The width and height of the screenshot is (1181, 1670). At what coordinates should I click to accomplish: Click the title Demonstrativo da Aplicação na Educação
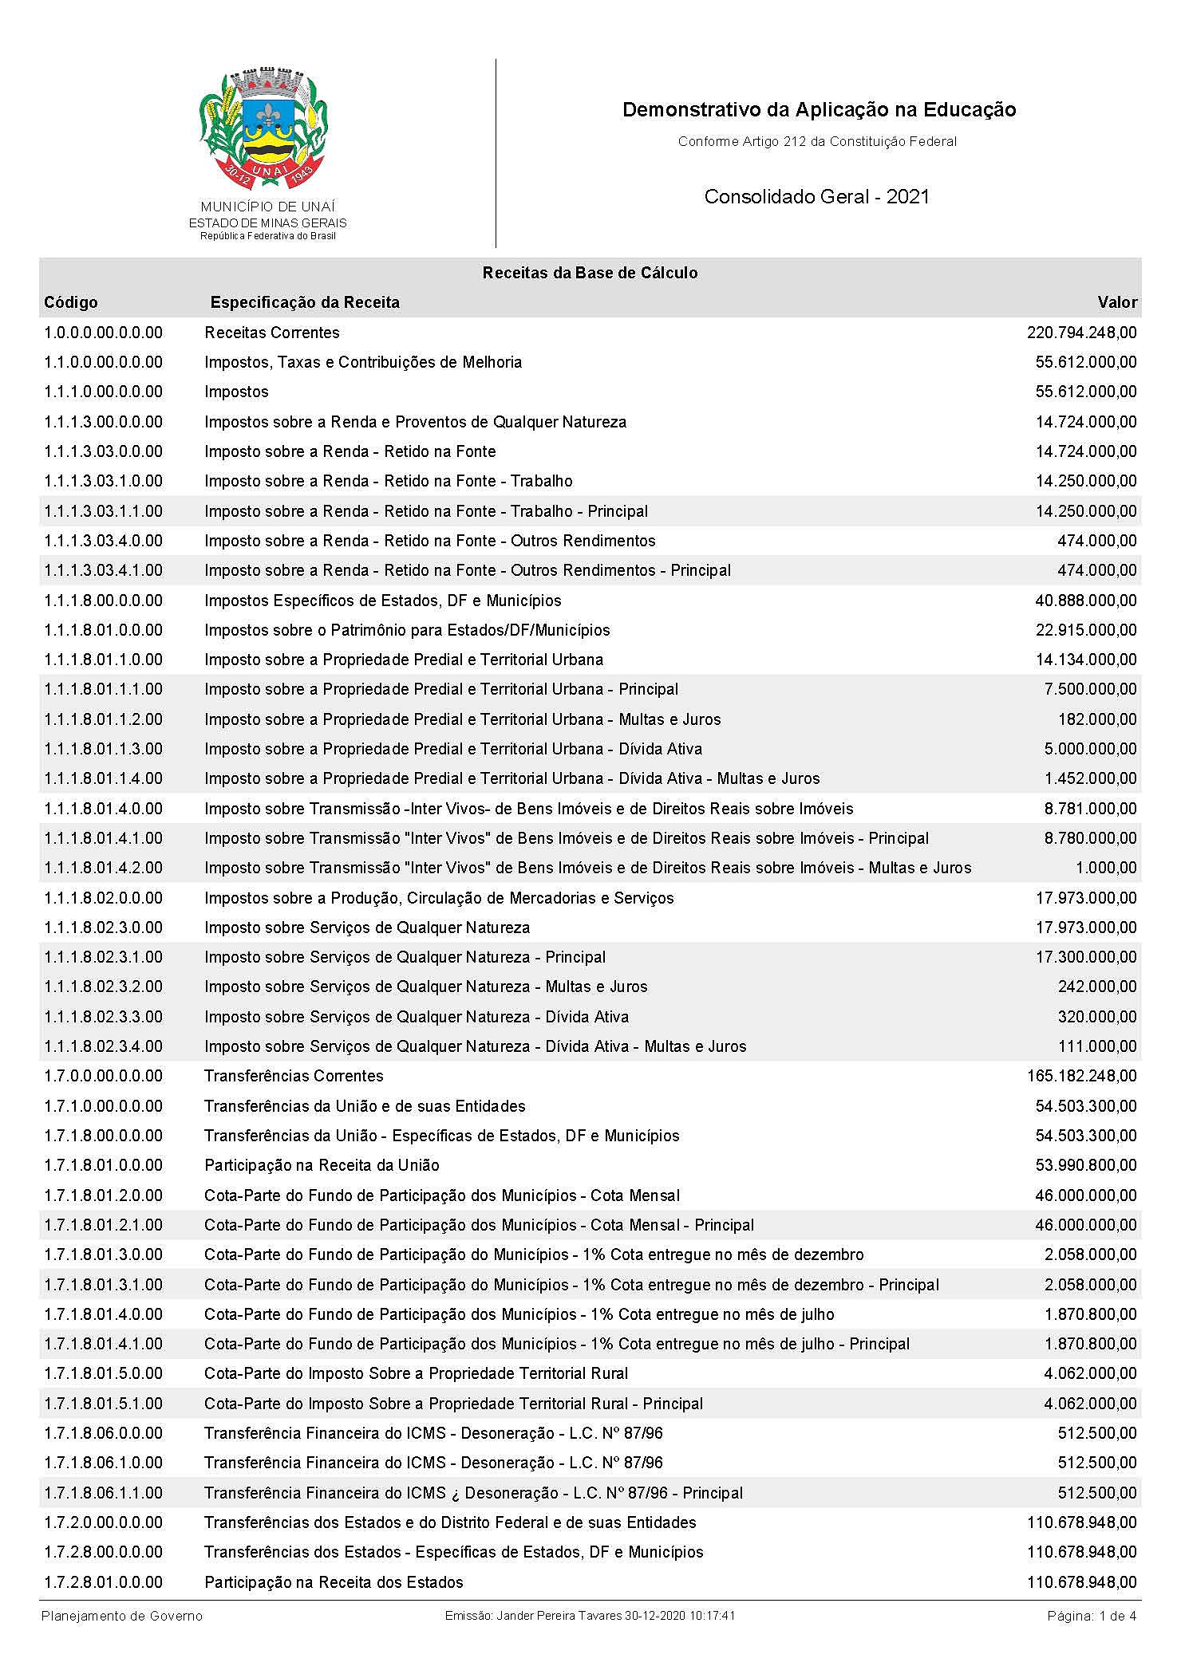point(819,110)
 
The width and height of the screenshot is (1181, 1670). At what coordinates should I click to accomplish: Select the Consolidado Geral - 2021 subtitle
point(816,197)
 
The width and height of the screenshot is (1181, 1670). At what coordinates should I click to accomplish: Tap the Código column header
point(71,302)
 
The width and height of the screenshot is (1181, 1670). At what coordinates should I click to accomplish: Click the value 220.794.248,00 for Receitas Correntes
point(1081,333)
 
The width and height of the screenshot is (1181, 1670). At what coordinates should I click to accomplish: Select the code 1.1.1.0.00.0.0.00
point(103,392)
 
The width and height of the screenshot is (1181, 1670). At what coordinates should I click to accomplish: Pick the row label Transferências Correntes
point(294,1076)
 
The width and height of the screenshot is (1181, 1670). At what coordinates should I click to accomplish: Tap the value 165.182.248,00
point(1081,1076)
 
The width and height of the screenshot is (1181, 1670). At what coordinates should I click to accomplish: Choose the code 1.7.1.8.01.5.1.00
point(103,1404)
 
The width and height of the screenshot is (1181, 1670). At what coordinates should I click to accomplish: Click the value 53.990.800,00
point(1085,1165)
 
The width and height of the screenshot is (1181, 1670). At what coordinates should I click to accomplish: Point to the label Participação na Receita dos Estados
point(334,1582)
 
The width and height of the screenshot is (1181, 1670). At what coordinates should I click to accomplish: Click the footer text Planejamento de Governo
point(122,1616)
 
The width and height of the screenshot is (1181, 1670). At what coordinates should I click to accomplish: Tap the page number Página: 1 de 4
point(1091,1616)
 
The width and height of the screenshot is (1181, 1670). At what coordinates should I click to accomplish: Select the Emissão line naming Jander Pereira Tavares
point(590,1616)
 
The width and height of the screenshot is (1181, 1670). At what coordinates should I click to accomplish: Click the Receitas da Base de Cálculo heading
point(590,273)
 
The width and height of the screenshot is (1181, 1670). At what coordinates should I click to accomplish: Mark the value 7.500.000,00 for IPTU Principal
point(1090,689)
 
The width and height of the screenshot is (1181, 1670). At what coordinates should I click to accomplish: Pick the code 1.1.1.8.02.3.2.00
point(103,987)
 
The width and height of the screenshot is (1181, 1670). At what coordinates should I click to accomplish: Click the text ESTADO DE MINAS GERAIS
point(267,223)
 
